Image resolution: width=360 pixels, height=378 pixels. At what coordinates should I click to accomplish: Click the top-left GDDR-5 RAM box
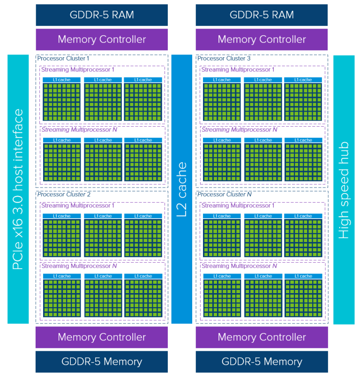[102, 15]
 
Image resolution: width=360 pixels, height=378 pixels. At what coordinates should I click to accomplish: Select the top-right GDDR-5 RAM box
[262, 15]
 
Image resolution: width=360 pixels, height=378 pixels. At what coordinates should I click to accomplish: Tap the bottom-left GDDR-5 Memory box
[102, 362]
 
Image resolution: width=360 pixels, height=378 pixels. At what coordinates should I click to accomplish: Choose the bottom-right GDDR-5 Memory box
[262, 362]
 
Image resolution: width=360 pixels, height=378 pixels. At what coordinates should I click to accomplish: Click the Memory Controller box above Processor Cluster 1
[102, 39]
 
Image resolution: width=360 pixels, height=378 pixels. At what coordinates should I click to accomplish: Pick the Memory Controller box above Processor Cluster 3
[262, 39]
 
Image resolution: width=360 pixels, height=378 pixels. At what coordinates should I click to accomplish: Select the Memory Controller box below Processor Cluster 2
[102, 337]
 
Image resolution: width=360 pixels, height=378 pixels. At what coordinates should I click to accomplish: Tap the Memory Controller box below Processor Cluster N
[262, 337]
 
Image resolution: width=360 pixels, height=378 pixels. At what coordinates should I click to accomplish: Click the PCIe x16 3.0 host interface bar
[18, 189]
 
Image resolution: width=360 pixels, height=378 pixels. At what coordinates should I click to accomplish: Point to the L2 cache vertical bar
[181, 189]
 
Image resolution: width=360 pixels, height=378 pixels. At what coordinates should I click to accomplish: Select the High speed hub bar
[344, 189]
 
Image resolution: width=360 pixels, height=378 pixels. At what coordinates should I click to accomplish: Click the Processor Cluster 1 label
[63, 59]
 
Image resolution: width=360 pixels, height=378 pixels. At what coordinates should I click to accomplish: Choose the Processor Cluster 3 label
[224, 59]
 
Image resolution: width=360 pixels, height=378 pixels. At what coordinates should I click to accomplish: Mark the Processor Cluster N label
[224, 194]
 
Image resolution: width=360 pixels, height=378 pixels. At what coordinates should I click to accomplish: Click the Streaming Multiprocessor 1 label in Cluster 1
[78, 69]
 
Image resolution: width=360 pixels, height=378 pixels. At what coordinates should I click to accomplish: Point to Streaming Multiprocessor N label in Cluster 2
[79, 266]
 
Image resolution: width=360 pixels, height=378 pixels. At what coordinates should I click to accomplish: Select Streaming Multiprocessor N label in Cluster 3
[239, 129]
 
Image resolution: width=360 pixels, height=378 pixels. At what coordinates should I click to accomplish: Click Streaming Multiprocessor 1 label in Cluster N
[238, 205]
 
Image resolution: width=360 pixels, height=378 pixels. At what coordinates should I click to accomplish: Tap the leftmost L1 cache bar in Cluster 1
[62, 80]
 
